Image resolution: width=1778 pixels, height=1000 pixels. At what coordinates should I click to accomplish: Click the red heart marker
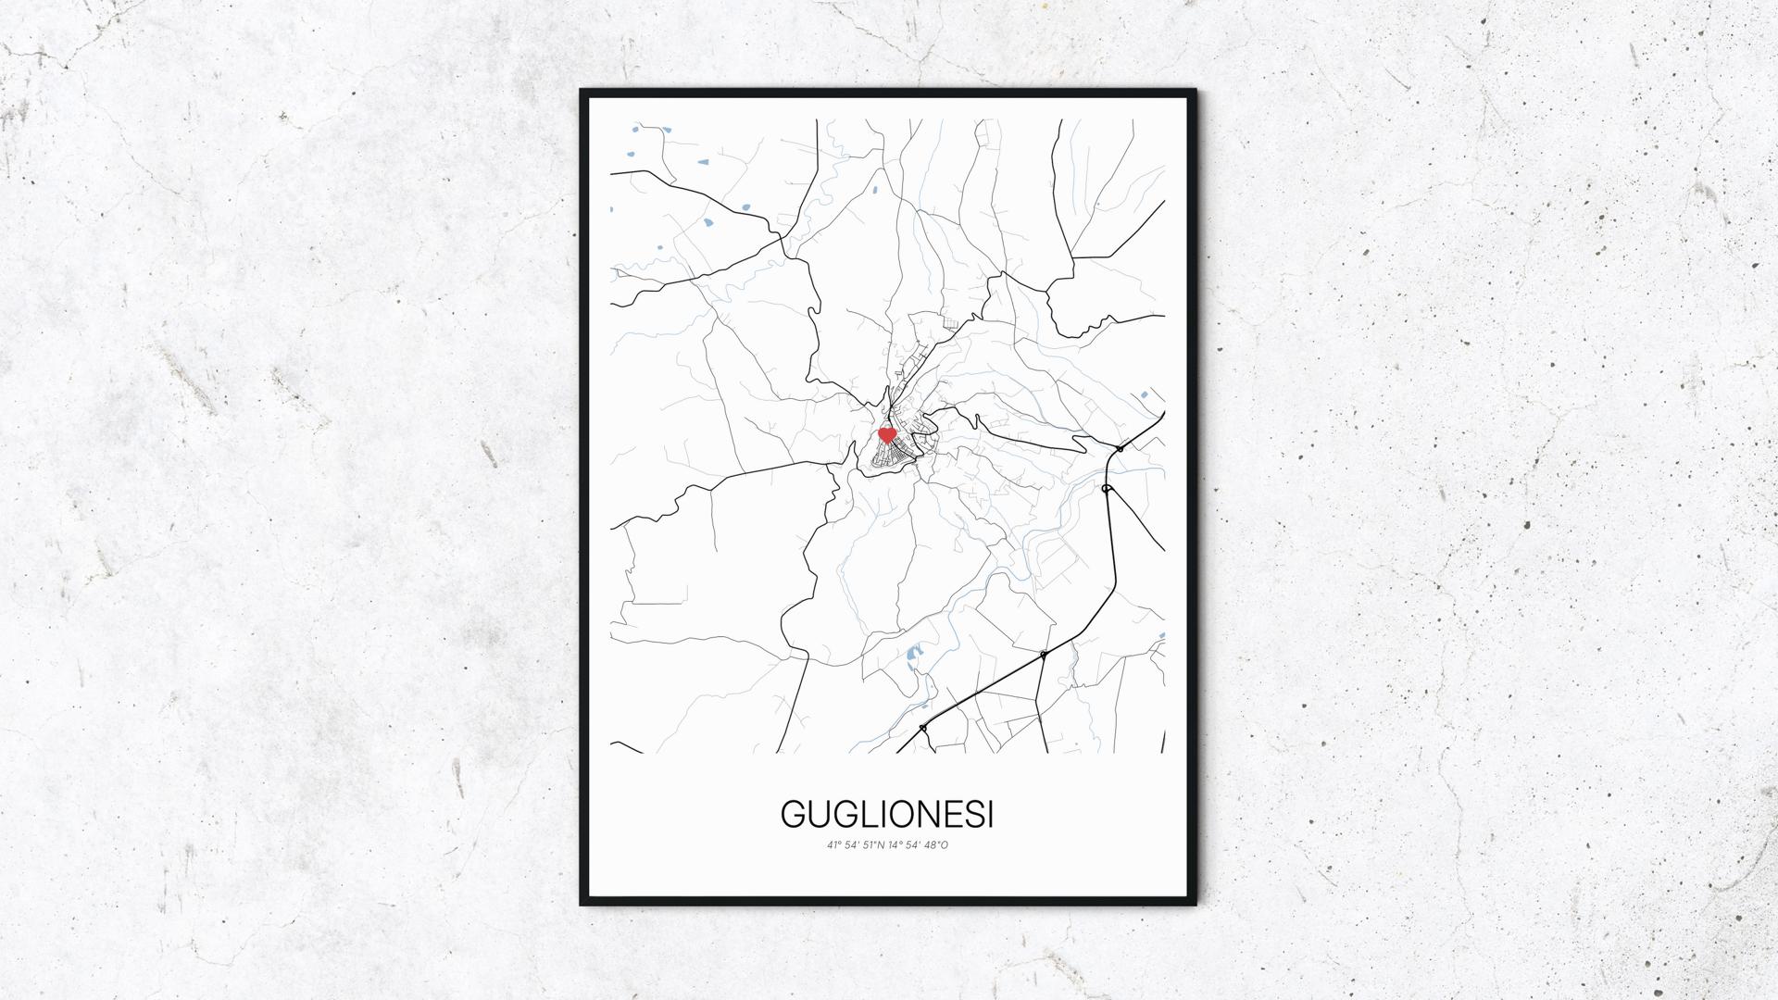point(886,434)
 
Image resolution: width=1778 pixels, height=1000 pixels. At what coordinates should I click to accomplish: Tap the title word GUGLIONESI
point(887,815)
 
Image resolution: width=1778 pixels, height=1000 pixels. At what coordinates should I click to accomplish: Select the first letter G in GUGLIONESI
point(794,815)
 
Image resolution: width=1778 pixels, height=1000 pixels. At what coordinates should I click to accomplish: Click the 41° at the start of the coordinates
point(834,844)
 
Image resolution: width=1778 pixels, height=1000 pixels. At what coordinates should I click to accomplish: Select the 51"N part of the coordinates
point(873,844)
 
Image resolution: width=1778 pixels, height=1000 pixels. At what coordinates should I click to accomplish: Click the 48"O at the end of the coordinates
point(937,844)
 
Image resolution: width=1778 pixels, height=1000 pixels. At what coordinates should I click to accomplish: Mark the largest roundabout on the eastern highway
point(1108,488)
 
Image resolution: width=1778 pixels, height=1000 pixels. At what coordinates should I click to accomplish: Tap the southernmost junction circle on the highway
point(923,728)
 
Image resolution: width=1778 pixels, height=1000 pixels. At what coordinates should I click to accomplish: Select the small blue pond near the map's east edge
point(1146,395)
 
